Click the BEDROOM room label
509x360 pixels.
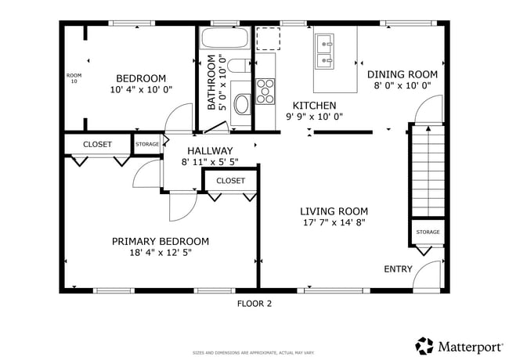141,78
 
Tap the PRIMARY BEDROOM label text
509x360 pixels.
160,241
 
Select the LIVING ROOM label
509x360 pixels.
334,211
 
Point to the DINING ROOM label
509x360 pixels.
402,74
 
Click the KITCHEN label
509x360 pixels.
314,106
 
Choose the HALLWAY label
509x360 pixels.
210,151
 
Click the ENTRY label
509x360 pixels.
398,269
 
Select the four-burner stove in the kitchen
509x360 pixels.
266,91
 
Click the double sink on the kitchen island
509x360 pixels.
325,51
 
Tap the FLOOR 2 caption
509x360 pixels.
254,304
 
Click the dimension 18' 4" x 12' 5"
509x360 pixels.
161,253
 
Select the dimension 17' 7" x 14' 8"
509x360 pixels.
334,222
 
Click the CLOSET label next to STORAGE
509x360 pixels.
98,145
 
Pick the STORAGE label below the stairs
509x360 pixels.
428,232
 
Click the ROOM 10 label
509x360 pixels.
74,78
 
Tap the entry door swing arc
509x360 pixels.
427,274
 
